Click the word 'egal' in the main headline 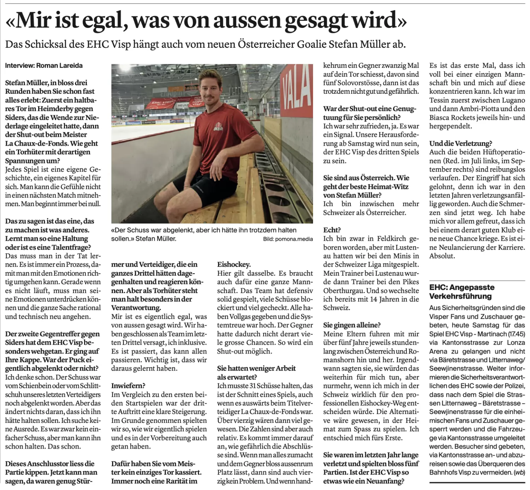click(105, 21)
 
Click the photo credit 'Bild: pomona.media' click(288, 239)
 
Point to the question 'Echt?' click(332, 230)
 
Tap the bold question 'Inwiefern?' click(128, 385)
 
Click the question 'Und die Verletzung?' click(455, 143)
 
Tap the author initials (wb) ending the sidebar click(520, 472)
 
